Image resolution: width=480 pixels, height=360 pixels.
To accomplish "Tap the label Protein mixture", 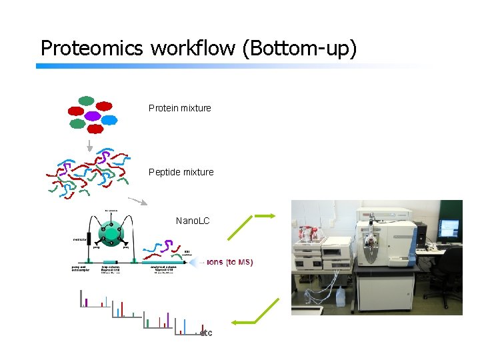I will [x=179, y=108].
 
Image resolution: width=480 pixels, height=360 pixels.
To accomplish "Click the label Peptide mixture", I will [x=181, y=172].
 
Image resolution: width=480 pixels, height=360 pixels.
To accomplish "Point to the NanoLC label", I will [x=193, y=220].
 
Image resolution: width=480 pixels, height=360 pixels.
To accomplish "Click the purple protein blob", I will [x=92, y=115].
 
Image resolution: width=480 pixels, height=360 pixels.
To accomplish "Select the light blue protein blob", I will [x=109, y=121].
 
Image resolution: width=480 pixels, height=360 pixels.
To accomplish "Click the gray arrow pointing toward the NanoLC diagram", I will [x=138, y=200].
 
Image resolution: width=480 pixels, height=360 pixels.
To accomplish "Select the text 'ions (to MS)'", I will [x=230, y=262].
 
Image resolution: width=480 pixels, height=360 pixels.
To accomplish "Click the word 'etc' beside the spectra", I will [x=206, y=333].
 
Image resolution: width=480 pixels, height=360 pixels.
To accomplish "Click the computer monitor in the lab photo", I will [x=448, y=229].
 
